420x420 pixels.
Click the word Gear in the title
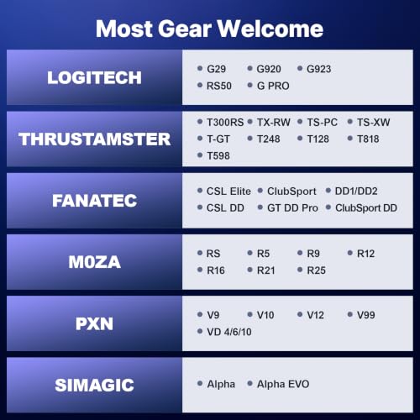click(185, 29)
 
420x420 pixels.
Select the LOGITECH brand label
click(94, 77)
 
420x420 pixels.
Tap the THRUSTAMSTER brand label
click(94, 139)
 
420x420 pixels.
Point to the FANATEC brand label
click(94, 201)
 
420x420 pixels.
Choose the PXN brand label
click(94, 323)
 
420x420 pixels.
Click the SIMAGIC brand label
click(94, 386)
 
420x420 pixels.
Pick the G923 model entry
click(319, 69)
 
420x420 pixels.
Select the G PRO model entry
click(273, 86)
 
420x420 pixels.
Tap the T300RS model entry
click(225, 123)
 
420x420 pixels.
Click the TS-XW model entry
click(373, 123)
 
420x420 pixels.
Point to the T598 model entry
click(218, 156)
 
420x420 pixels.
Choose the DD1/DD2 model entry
click(356, 192)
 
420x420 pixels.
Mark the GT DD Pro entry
click(292, 208)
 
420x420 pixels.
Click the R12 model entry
click(365, 254)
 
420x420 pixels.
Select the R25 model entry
click(317, 270)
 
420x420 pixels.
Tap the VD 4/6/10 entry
click(229, 332)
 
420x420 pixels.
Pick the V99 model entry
click(366, 315)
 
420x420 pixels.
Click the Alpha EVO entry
click(283, 384)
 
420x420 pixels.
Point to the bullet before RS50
click(200, 85)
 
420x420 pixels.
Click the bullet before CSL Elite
click(200, 191)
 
